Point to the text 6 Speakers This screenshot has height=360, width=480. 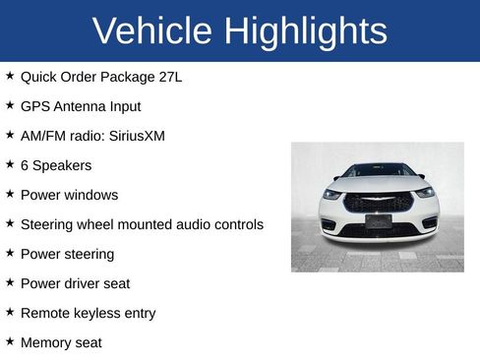pos(55,165)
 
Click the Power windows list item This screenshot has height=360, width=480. pos(69,195)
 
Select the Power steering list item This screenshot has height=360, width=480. pos(67,254)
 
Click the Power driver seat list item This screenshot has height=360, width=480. pos(75,283)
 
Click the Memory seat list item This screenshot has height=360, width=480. pos(61,342)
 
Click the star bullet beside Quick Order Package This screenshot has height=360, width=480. pos(10,76)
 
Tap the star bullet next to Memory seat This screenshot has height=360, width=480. pos(10,341)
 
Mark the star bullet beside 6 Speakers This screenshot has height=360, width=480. pos(10,164)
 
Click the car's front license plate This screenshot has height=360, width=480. pos(378,221)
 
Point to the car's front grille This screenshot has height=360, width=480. pos(378,201)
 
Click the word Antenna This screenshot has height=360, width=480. pos(84,106)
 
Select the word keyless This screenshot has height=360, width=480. pos(100,313)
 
